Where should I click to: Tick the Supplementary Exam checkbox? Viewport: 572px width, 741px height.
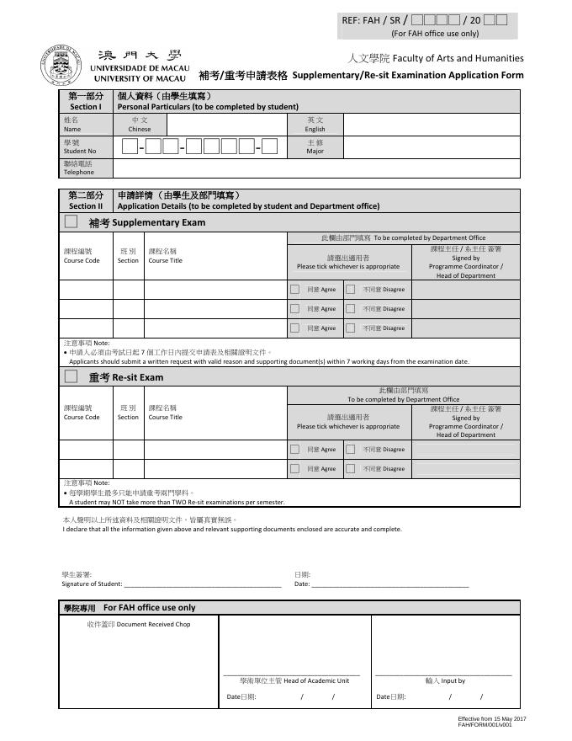click(71, 222)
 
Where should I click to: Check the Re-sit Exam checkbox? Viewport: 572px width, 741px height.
click(71, 376)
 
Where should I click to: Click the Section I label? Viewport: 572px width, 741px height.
click(85, 102)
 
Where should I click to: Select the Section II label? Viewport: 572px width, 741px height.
click(85, 200)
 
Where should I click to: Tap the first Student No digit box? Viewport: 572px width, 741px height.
click(130, 147)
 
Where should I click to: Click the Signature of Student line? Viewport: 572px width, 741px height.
click(202, 583)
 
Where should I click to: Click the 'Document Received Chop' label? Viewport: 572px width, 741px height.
click(138, 624)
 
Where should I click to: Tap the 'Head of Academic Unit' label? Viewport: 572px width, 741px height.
click(294, 680)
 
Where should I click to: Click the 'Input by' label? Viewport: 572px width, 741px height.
click(445, 680)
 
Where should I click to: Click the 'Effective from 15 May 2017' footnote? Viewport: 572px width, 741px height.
click(491, 718)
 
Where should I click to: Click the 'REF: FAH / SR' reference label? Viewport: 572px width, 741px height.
click(371, 19)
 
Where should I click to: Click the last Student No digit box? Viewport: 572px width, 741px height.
click(269, 147)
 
